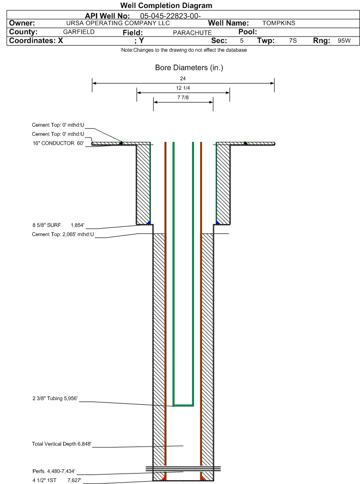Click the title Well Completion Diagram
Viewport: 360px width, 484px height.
(x=166, y=6)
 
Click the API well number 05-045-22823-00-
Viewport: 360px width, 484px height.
(x=170, y=16)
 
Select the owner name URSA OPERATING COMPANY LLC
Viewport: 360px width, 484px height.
(x=118, y=23)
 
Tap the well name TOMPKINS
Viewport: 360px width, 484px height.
(x=279, y=23)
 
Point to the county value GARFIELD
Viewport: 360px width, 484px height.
(x=79, y=32)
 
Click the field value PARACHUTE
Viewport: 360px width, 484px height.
(x=192, y=33)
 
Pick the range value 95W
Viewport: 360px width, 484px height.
(x=344, y=41)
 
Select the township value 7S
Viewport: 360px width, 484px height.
(x=293, y=41)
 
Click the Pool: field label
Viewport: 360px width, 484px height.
(x=248, y=32)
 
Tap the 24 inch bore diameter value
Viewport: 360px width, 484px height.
(x=183, y=79)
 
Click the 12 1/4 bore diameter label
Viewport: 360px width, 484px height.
(x=183, y=88)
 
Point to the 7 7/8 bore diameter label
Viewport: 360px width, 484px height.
(x=183, y=98)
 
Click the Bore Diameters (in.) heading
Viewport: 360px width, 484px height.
(x=189, y=67)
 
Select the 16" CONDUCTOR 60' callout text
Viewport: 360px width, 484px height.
(x=58, y=143)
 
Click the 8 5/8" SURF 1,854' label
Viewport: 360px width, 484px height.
(x=58, y=225)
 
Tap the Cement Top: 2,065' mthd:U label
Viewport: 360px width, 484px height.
(x=63, y=234)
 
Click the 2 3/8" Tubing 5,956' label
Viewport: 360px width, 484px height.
(x=55, y=399)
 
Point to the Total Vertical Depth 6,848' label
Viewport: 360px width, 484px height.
(x=62, y=444)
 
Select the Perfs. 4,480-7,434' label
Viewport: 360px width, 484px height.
(x=54, y=471)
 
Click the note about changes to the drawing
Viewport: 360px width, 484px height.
(x=184, y=50)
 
